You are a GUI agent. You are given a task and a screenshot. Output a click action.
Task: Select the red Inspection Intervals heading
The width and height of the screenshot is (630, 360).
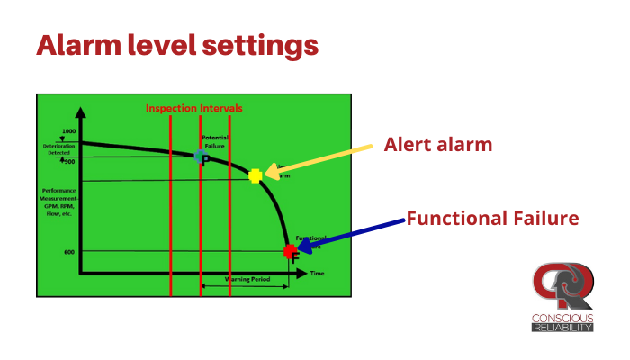[x=194, y=108]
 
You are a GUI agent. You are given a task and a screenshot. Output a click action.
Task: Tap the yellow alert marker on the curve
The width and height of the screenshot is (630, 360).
[x=256, y=175]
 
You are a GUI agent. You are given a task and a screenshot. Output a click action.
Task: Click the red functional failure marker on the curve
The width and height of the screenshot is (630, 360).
[x=290, y=251]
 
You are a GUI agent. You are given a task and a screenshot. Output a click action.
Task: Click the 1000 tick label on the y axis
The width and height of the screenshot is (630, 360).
[x=68, y=131]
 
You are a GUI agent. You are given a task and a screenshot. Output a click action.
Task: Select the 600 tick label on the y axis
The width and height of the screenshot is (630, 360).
[x=68, y=252]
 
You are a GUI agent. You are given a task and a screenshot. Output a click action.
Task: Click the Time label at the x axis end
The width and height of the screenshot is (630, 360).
[x=317, y=272]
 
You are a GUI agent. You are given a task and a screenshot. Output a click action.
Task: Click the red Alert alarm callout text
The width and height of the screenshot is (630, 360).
[x=438, y=144]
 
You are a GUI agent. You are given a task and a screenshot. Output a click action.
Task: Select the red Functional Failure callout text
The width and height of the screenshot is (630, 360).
[x=491, y=218]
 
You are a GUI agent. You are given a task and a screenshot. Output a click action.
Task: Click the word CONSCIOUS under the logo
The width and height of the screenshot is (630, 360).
[x=562, y=318]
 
